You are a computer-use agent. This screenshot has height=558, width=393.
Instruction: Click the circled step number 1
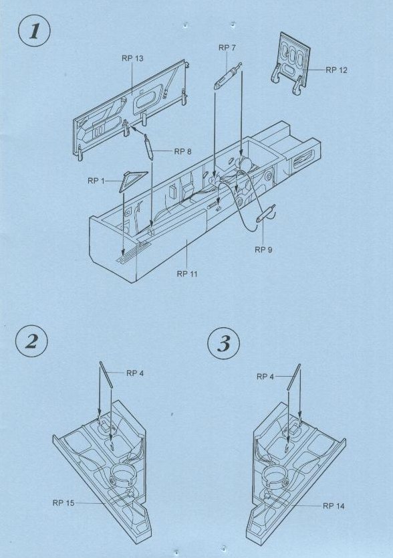point(34,31)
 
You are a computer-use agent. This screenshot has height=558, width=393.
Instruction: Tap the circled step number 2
point(31,342)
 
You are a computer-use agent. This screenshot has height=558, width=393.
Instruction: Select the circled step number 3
point(223,343)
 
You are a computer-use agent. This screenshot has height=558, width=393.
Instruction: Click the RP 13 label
point(132,58)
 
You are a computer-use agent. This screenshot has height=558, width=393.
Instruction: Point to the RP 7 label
point(227,48)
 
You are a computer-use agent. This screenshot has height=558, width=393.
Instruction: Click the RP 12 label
point(336,70)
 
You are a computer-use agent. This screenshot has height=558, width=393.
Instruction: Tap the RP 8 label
point(183,152)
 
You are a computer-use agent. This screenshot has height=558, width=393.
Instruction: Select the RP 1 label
point(96,181)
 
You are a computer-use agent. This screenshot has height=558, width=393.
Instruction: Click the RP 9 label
point(263,250)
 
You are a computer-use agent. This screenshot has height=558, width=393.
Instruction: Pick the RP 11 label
point(187,274)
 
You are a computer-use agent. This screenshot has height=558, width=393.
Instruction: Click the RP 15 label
point(63,503)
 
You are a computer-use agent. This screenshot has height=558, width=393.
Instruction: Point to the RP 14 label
point(334,506)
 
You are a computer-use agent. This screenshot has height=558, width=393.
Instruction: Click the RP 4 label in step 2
point(135,373)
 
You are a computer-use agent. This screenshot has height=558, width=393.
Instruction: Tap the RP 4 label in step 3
point(265,377)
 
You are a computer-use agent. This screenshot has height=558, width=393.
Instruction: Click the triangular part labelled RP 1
point(132,179)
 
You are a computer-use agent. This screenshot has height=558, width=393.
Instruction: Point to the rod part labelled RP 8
point(148,147)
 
